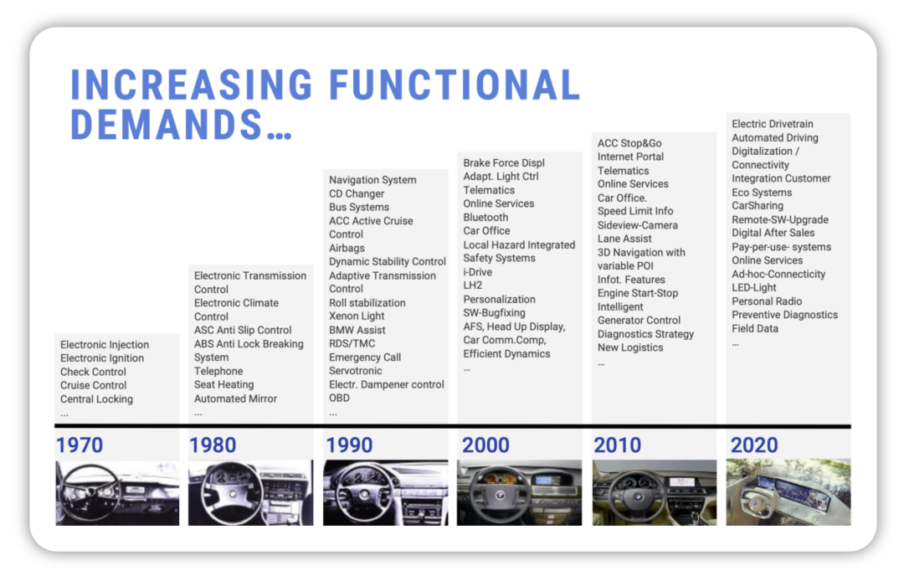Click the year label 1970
[x=80, y=445]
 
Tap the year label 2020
[x=754, y=445]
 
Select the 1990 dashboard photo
[x=385, y=492]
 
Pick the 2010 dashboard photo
[x=655, y=492]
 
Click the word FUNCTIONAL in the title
[x=455, y=85]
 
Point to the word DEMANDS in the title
[x=167, y=125]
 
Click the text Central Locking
[x=96, y=399]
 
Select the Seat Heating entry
[x=223, y=384]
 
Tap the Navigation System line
[x=372, y=180]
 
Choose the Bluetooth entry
[x=485, y=218]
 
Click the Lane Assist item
[x=624, y=239]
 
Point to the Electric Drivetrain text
[x=773, y=124]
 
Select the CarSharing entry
[x=758, y=206]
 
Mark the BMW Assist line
[x=357, y=330]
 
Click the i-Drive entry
[x=477, y=272]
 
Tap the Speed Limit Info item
[x=635, y=211]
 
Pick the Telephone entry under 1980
[x=218, y=372]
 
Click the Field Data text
[x=755, y=329]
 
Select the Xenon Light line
[x=357, y=316]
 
